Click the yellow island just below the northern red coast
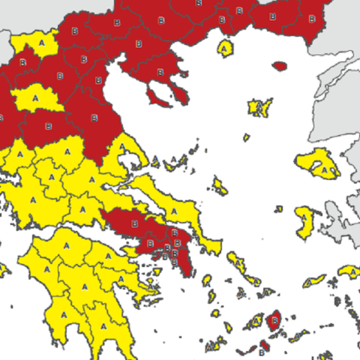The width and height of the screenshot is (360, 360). click(225, 48)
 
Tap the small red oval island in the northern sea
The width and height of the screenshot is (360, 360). click(279, 66)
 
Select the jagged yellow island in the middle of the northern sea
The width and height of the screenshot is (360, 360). click(259, 107)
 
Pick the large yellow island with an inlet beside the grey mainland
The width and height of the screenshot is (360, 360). click(320, 163)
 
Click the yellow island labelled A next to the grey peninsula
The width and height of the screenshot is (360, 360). click(304, 223)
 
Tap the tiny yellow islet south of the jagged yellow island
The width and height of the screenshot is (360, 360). click(246, 136)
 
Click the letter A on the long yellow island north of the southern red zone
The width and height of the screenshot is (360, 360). click(175, 209)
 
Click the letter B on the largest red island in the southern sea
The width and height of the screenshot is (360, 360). click(274, 320)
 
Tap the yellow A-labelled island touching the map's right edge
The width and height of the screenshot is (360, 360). click(349, 271)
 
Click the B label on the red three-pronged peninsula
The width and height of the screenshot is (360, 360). click(159, 71)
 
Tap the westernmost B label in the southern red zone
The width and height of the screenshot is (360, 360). click(135, 223)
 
